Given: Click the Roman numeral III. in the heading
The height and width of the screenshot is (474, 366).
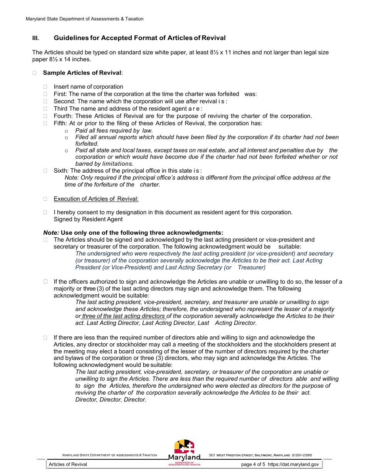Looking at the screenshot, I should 35,38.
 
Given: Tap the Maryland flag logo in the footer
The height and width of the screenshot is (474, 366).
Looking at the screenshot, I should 184,447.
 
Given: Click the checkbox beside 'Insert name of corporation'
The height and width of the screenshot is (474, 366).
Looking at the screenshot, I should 45,87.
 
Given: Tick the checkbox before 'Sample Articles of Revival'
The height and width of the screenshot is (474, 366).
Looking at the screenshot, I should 34,73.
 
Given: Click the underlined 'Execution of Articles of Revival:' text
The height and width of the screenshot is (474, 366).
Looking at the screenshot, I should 96,199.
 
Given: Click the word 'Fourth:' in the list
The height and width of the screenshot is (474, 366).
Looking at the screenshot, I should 64,116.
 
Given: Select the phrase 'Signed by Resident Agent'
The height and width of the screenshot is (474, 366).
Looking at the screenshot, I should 88,219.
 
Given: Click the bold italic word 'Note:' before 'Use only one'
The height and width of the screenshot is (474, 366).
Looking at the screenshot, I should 51,233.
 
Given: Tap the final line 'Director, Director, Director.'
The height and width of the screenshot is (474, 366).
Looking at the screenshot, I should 111,400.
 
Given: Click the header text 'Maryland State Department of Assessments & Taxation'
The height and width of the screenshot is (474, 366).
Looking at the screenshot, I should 84,19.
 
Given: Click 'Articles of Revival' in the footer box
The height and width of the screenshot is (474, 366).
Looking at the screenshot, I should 68,464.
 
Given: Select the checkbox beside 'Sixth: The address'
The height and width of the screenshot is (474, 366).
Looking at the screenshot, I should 45,170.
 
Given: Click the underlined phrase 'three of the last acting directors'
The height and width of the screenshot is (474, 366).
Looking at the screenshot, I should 123,316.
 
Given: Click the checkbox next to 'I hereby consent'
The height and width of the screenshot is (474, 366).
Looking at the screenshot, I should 45,212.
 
